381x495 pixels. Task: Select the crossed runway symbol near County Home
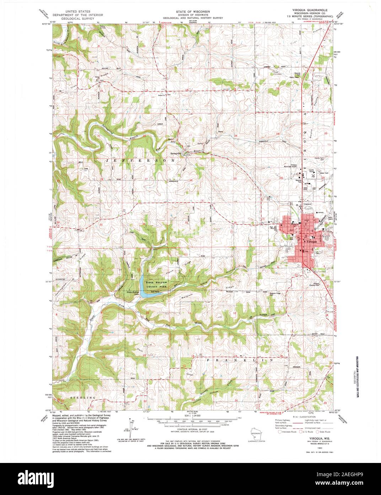(x=313, y=175)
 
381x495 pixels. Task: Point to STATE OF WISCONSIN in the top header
(x=190, y=11)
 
